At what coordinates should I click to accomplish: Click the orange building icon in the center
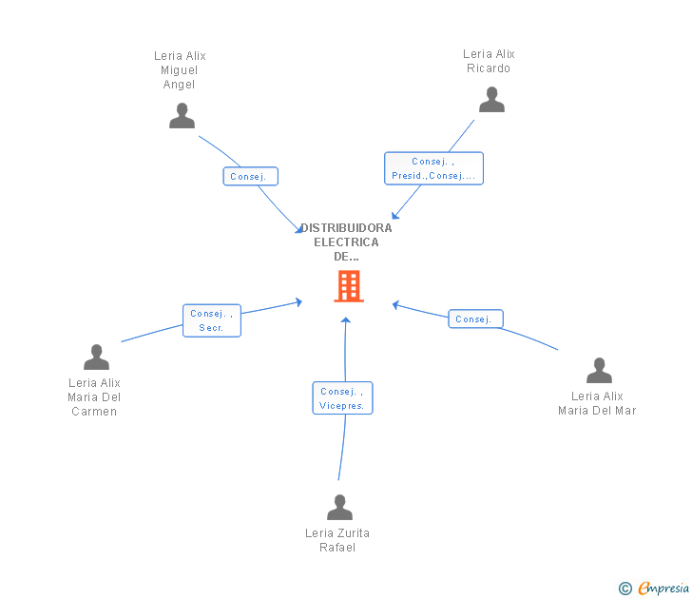[x=349, y=286]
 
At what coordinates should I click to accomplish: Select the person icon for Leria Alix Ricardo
[x=491, y=99]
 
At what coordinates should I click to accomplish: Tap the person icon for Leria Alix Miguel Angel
[x=182, y=116]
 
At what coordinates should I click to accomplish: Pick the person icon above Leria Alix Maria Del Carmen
[x=96, y=357]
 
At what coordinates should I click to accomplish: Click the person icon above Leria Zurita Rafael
[x=339, y=507]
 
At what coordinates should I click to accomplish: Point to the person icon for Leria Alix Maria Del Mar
[x=599, y=371]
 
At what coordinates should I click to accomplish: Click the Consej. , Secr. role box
[x=212, y=320]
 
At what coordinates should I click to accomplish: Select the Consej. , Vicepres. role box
[x=342, y=398]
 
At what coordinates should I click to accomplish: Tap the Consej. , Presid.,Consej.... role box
[x=433, y=168]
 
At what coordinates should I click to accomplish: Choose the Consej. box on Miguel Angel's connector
[x=250, y=177]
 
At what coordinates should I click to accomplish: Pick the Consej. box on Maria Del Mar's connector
[x=475, y=319]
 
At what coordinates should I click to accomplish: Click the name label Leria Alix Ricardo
[x=489, y=61]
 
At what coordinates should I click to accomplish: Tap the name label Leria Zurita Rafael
[x=337, y=540]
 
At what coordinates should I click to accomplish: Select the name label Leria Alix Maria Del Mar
[x=597, y=403]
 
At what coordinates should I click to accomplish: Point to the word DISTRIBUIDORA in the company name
[x=346, y=228]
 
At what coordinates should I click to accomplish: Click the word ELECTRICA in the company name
[x=346, y=242]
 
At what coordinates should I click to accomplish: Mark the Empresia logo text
[x=663, y=588]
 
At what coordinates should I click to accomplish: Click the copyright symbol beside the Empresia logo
[x=625, y=589]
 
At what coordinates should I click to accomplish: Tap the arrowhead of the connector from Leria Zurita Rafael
[x=346, y=320]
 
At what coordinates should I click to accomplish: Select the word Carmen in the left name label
[x=94, y=412]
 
